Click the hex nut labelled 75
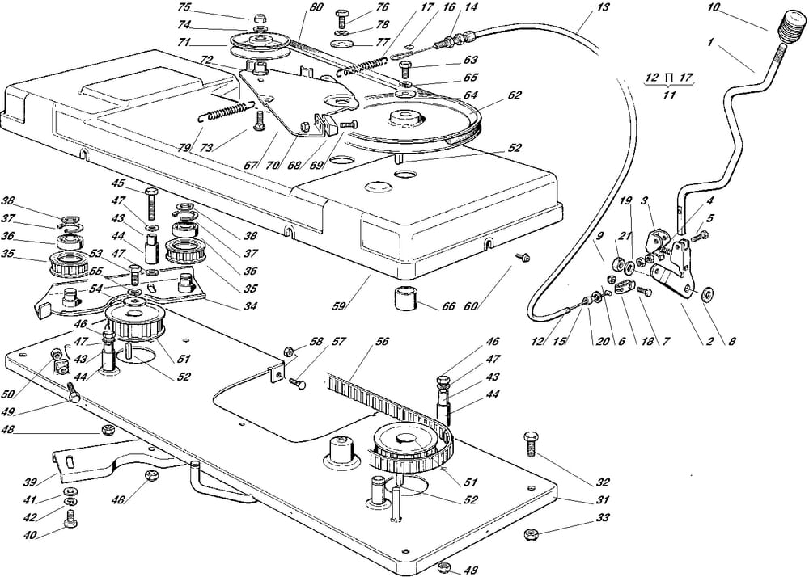point(260,18)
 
